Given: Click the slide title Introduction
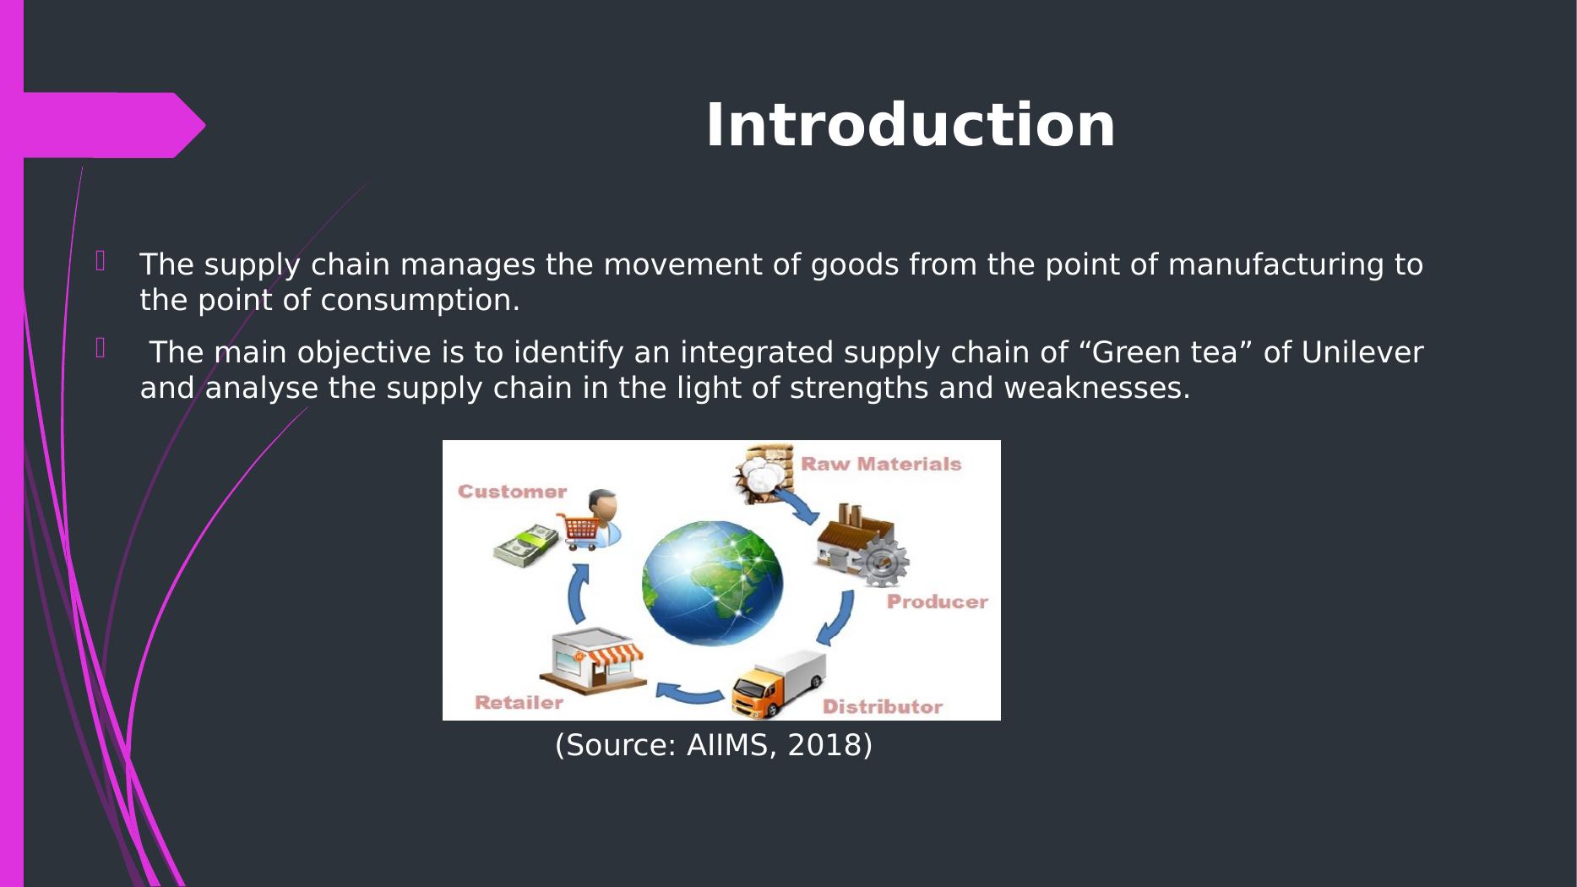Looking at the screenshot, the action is coord(910,126).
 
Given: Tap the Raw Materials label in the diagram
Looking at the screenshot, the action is coord(881,464).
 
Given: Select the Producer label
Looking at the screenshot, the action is coord(937,602).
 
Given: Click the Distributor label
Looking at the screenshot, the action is coord(883,707).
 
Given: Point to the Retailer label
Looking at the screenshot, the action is coord(519,703).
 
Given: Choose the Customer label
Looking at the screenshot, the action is coord(512,492).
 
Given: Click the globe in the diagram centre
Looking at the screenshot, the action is coord(712,583).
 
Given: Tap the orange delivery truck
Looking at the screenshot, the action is coord(778,685).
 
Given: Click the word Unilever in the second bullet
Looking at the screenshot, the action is coord(1362,352).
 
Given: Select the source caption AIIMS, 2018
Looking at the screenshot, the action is coord(714,745).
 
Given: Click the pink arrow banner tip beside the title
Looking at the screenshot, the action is coord(204,126).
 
